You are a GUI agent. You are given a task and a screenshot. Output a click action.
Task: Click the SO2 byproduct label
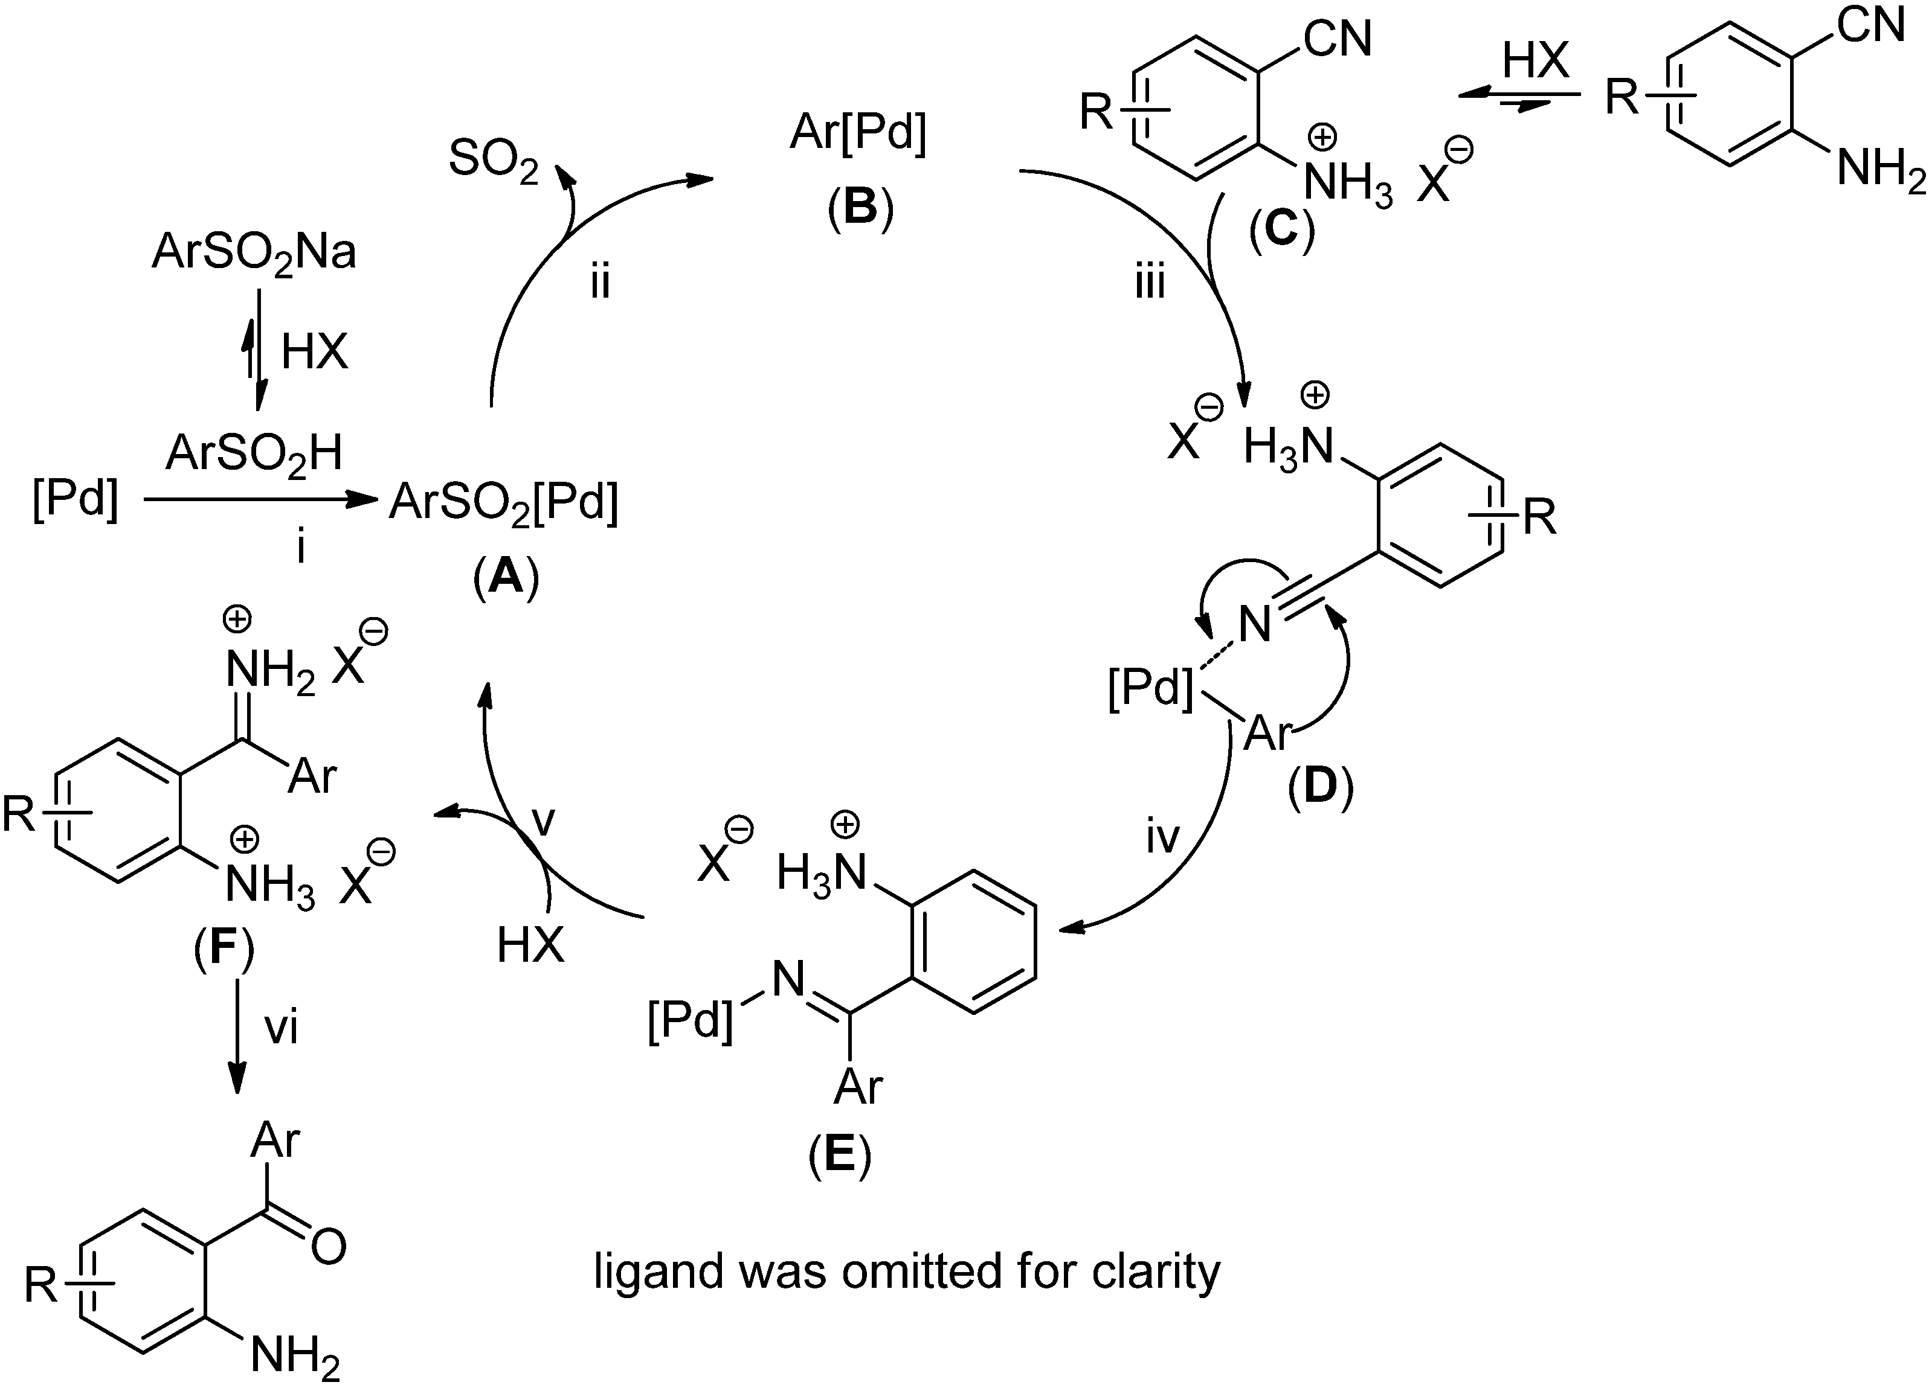(494, 160)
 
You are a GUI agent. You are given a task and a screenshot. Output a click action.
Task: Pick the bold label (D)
(1320, 787)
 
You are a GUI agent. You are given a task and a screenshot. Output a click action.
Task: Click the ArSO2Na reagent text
(254, 254)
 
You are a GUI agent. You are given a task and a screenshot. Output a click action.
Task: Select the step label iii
(1150, 283)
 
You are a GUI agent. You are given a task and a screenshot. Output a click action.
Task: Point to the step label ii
(601, 283)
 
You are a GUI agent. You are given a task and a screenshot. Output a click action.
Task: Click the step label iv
(1163, 837)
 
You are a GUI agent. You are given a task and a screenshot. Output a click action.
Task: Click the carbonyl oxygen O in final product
(328, 1246)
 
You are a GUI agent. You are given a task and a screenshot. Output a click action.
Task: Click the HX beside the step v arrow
(530, 944)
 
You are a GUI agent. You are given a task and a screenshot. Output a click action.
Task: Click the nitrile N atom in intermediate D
(1255, 625)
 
